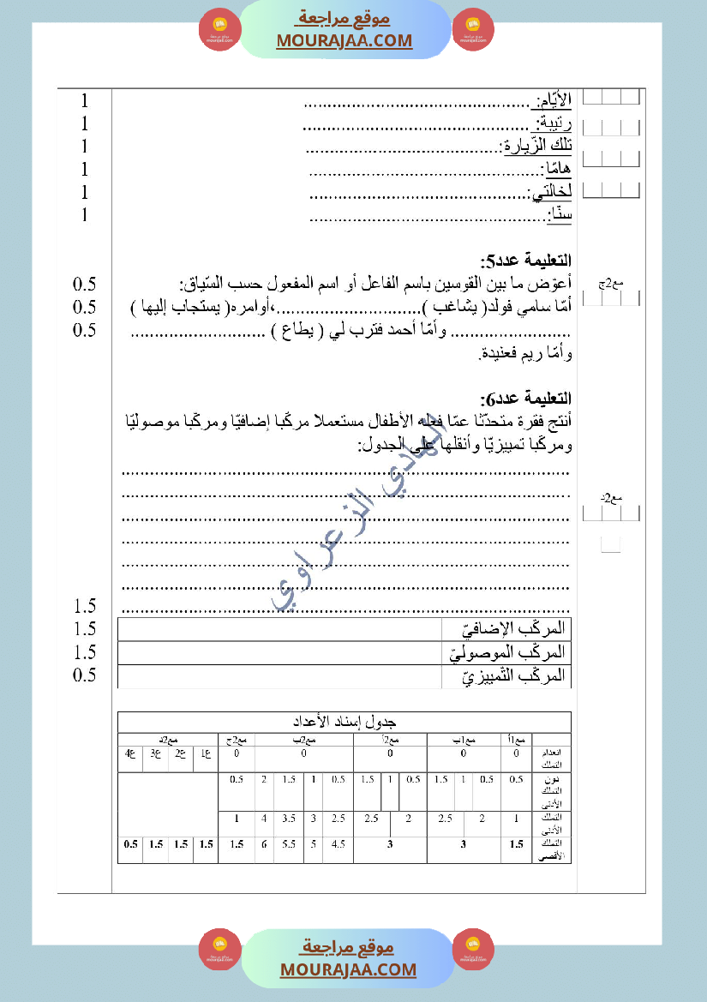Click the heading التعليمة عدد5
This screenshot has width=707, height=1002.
[527, 261]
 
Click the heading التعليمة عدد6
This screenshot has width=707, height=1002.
[527, 399]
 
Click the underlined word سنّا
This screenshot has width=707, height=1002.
[560, 216]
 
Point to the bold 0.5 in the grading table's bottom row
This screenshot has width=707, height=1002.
[130, 844]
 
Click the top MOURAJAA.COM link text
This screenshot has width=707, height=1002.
[345, 40]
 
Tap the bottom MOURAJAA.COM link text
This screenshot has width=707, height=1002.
[348, 969]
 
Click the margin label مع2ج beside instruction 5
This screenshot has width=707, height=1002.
[612, 283]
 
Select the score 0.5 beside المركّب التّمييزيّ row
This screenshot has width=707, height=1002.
[85, 675]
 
